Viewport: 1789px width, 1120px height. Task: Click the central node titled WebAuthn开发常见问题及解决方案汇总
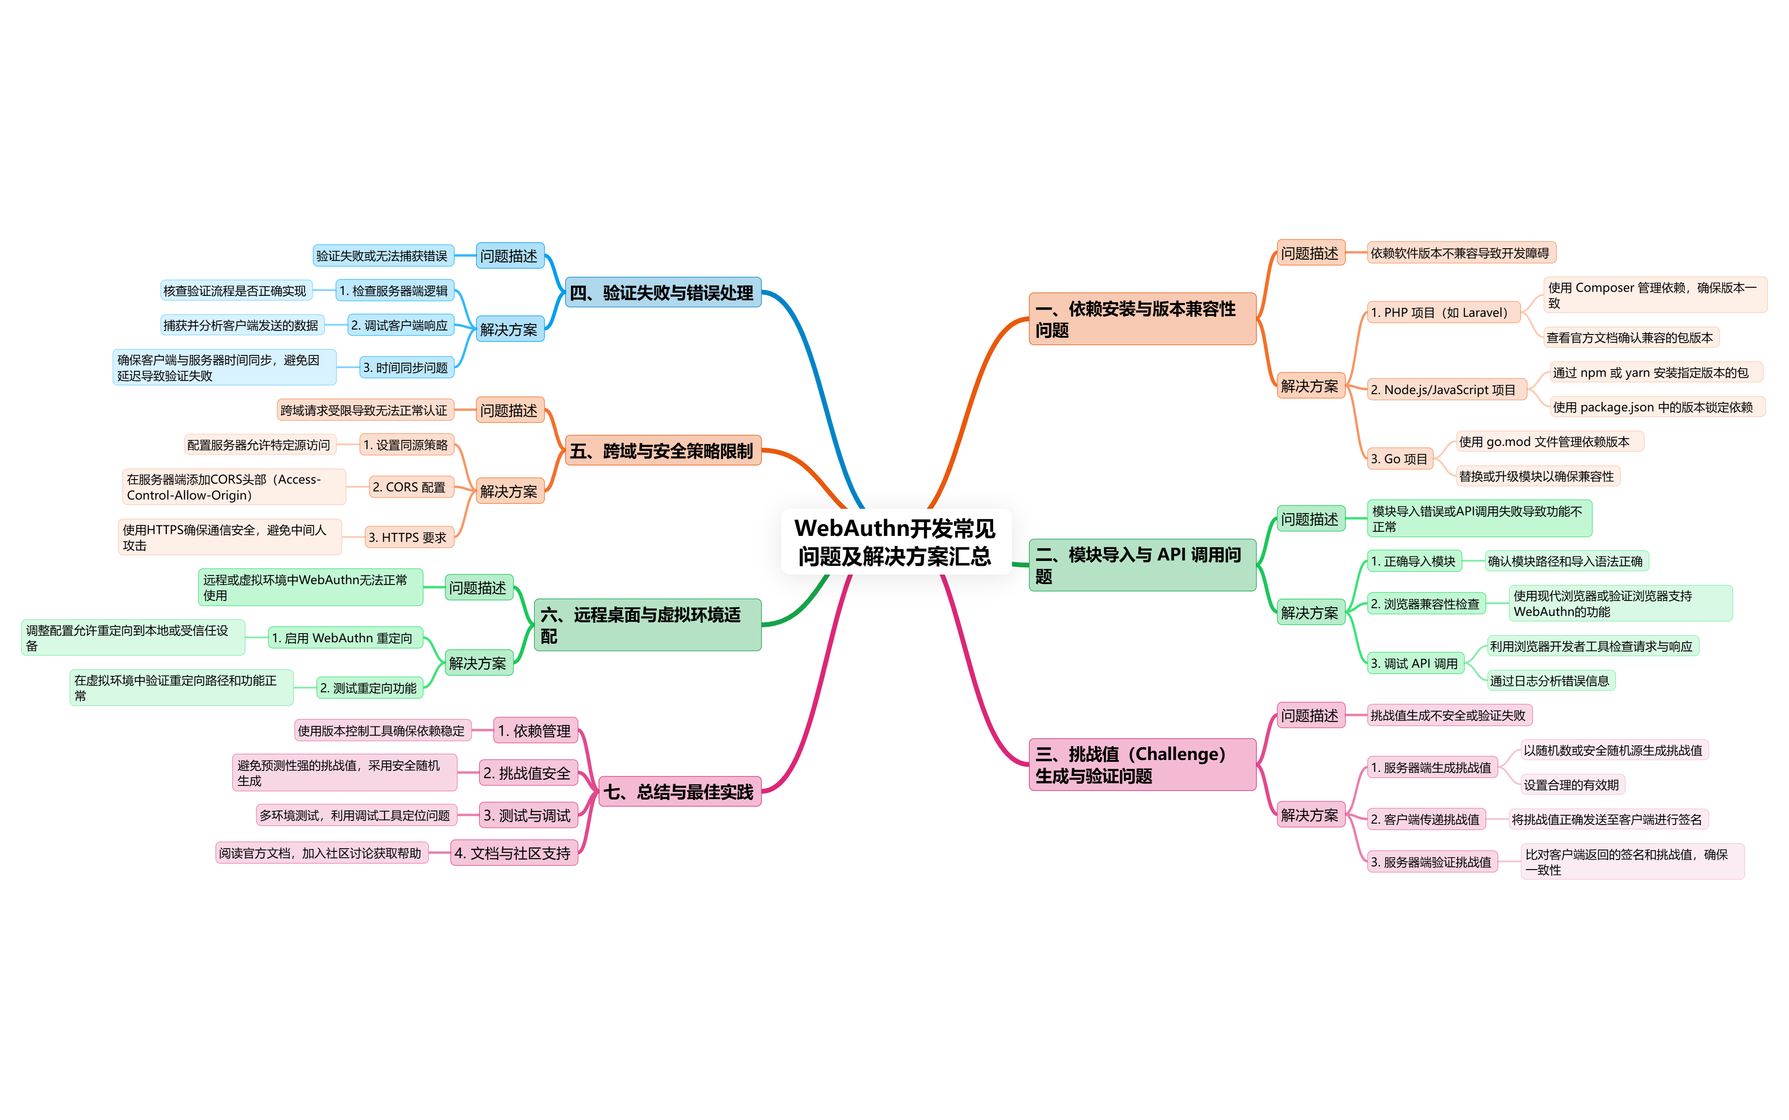click(895, 541)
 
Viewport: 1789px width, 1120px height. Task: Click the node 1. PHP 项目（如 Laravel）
click(1443, 313)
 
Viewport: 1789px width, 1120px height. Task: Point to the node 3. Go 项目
click(1399, 459)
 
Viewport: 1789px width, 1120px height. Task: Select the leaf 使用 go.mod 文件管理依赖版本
click(1549, 441)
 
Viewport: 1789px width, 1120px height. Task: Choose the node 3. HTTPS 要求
click(408, 537)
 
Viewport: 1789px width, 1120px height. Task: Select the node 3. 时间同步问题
click(406, 367)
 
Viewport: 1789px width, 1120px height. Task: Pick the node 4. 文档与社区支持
click(513, 853)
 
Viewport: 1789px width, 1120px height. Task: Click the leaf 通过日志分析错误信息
click(1550, 681)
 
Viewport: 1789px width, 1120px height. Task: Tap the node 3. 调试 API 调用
click(1415, 664)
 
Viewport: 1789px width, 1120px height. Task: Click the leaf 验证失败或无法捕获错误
click(382, 255)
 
